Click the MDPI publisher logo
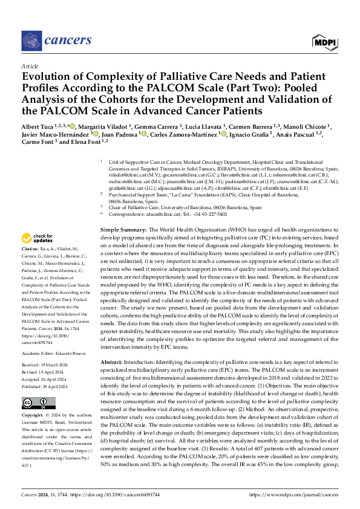[x=325, y=41]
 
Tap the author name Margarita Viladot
[x=102, y=126]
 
